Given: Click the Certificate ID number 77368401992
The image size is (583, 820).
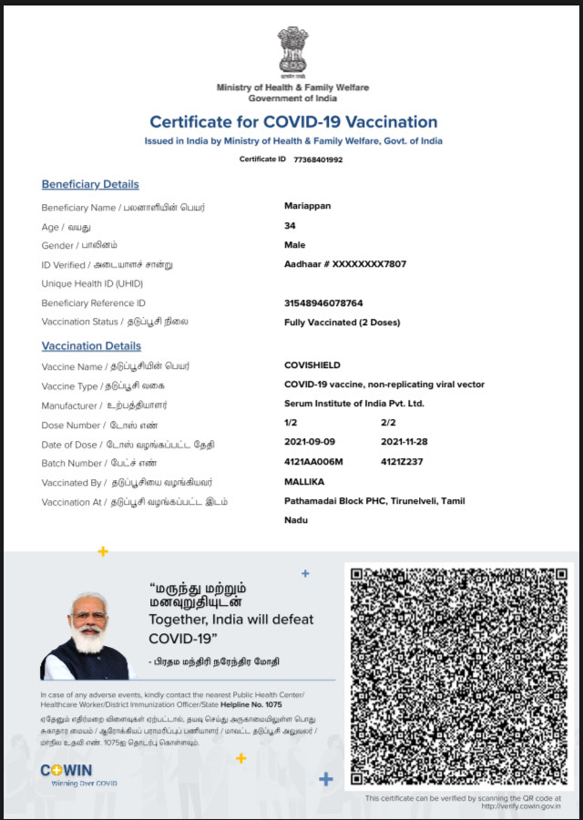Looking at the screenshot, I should click(x=318, y=159).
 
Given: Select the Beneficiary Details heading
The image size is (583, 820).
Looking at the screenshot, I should click(x=90, y=184).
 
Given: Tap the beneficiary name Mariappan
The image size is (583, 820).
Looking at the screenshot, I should click(x=308, y=206).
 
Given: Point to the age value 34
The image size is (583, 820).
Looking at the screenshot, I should click(x=290, y=225).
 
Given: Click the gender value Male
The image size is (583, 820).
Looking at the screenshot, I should click(x=295, y=245).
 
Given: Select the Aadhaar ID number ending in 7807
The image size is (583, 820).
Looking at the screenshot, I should click(x=345, y=264).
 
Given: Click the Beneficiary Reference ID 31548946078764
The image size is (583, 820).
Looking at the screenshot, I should click(x=323, y=302).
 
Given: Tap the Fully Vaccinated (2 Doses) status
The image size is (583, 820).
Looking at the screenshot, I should click(x=342, y=323).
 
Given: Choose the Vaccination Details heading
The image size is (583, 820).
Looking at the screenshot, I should click(x=91, y=346).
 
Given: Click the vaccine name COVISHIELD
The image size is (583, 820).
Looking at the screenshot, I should click(x=312, y=365).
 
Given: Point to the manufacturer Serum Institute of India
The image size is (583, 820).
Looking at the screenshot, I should click(x=354, y=404).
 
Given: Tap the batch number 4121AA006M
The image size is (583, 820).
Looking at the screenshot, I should click(x=313, y=462).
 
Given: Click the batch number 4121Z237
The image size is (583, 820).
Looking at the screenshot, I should click(x=402, y=462).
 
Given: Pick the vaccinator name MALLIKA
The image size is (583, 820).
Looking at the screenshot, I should click(x=304, y=481).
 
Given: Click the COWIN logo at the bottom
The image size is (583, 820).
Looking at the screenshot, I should click(x=66, y=770).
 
